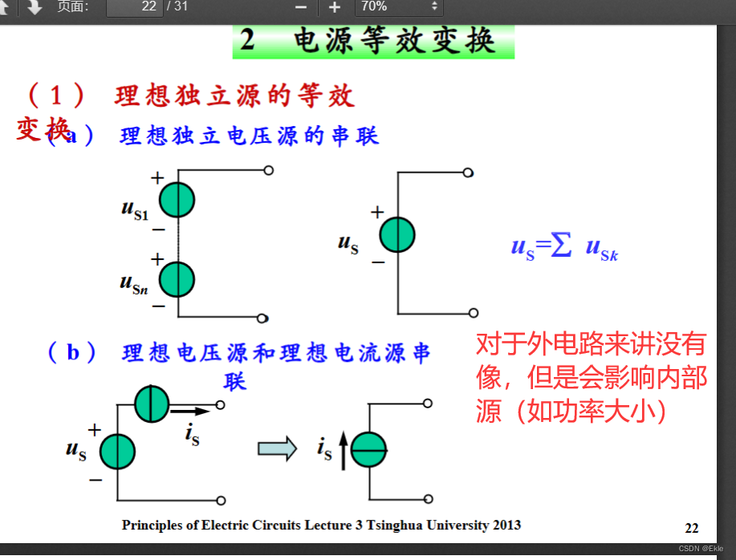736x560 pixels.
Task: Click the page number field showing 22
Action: [134, 7]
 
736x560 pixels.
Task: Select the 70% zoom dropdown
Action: [399, 7]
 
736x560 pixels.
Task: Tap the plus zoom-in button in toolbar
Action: [335, 7]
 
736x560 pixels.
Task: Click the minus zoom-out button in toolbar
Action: [301, 7]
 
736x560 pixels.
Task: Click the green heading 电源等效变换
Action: [373, 41]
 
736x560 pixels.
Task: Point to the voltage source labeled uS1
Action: [177, 200]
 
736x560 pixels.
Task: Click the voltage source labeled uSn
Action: [177, 279]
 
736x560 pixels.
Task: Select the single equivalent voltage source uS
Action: [397, 236]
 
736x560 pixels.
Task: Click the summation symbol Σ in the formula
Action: [561, 246]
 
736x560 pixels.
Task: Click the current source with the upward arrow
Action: [369, 451]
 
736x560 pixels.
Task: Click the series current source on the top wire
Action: [152, 404]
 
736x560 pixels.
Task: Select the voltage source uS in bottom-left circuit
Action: [118, 451]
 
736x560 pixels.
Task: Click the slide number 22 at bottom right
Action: [692, 528]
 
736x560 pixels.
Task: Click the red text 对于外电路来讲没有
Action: [591, 345]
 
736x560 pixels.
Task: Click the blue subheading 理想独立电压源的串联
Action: [250, 136]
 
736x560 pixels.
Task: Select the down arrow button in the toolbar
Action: [34, 7]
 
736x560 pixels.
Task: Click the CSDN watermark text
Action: [701, 549]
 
